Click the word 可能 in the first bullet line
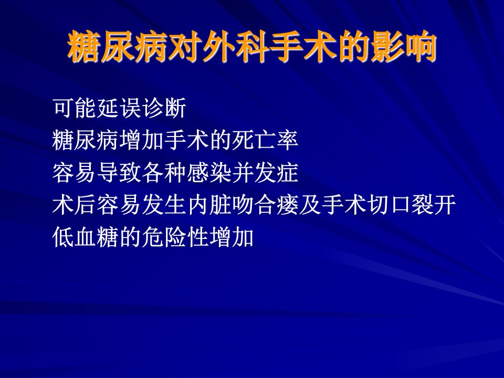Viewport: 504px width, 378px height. point(75,108)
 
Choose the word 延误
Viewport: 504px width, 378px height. point(119,108)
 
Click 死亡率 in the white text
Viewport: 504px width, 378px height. point(265,140)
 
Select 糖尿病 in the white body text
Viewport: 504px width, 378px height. point(86,140)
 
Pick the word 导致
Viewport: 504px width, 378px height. point(119,172)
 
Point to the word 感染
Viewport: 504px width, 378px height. point(209,172)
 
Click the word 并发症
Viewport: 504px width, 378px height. point(265,172)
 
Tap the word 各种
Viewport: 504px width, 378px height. point(164,172)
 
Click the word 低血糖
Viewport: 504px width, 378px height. point(86,237)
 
